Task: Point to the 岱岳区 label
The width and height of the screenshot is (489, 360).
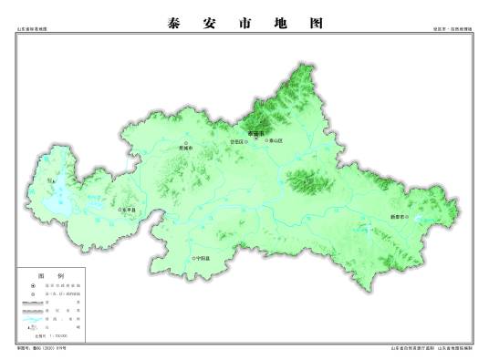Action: click(236, 142)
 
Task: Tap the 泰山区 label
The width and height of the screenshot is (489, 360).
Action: click(276, 141)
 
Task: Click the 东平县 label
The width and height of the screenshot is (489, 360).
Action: click(129, 210)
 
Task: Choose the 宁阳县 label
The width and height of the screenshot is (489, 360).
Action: click(203, 259)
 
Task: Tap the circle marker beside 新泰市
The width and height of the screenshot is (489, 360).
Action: click(413, 217)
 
